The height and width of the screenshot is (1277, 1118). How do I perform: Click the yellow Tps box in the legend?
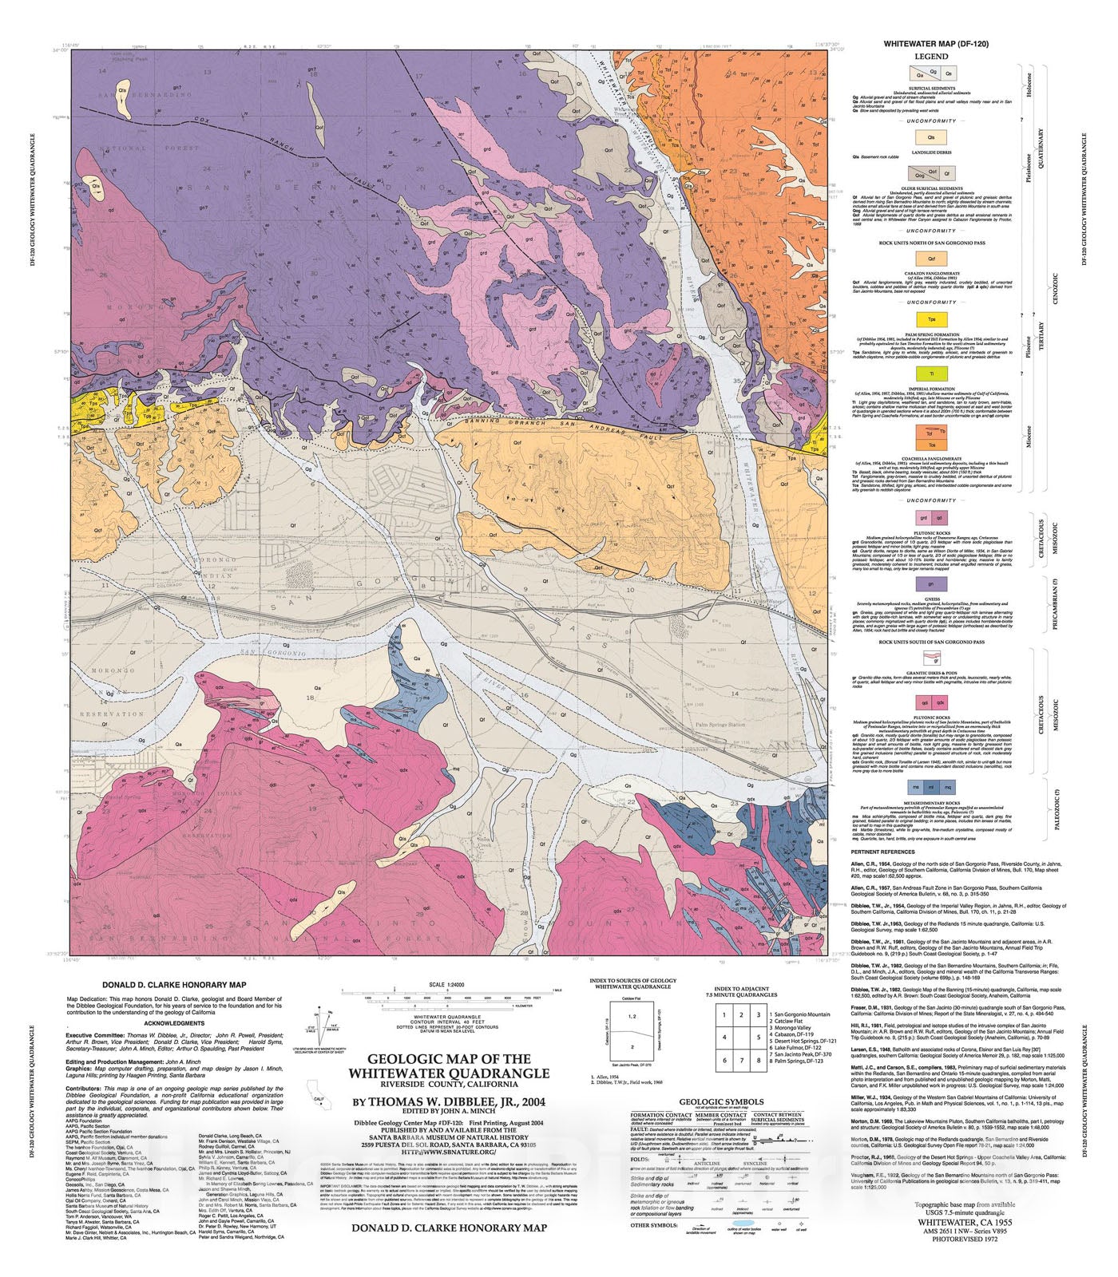[x=931, y=319]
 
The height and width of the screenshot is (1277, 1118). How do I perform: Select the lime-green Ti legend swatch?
[x=931, y=374]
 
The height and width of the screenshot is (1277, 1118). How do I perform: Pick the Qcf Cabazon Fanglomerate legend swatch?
[x=931, y=259]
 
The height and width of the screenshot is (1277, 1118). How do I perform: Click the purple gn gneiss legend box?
[x=931, y=584]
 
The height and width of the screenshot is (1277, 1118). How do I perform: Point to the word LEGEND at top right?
[x=931, y=57]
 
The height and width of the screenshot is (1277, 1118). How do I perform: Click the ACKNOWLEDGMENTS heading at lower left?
[x=173, y=1023]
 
